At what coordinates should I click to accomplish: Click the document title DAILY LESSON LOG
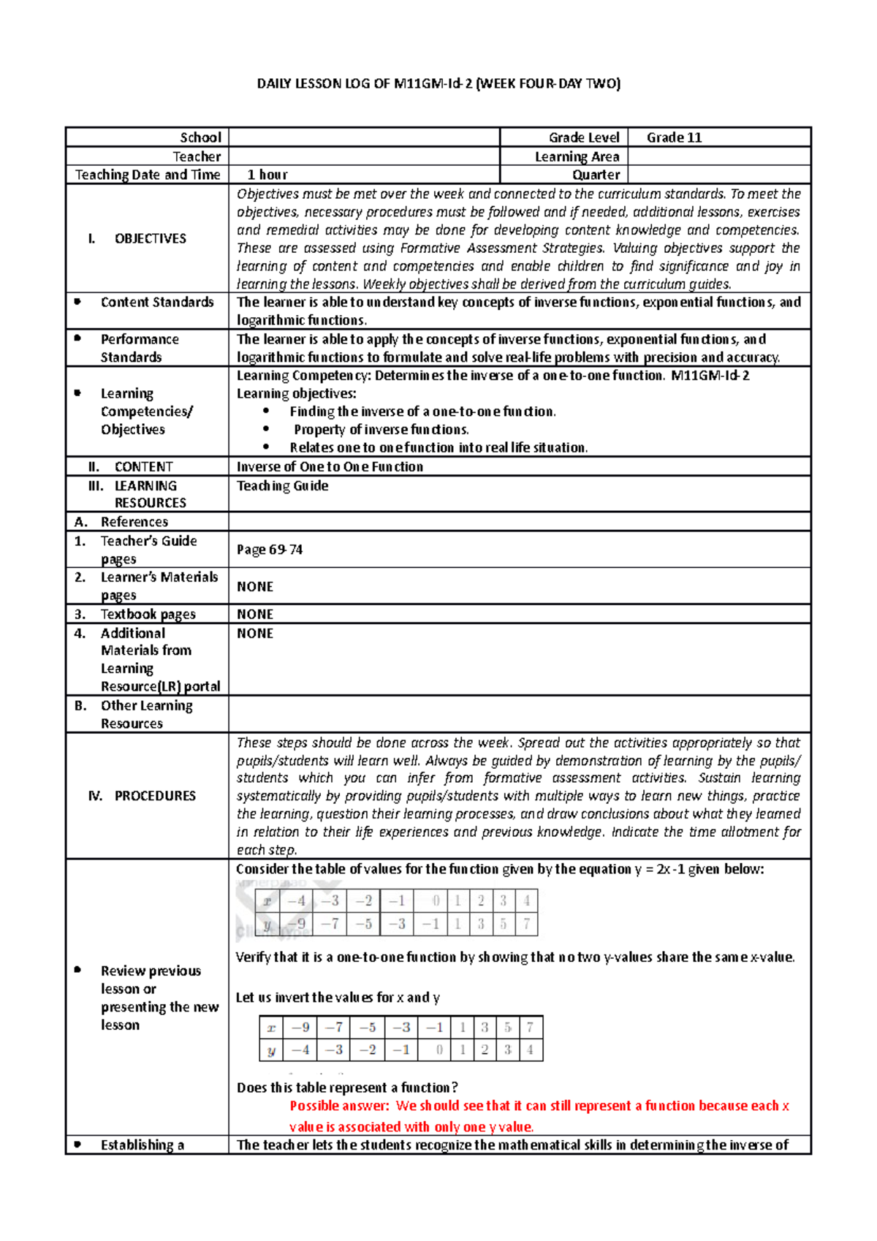coord(438,84)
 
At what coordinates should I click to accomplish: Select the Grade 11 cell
coord(674,137)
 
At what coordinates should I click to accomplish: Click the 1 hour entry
coord(267,175)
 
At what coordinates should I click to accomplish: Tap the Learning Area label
coord(577,156)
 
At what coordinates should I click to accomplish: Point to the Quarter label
coord(596,175)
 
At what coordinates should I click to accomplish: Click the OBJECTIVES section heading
coord(150,238)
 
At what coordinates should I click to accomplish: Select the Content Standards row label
coord(156,302)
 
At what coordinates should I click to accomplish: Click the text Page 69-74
coord(269,550)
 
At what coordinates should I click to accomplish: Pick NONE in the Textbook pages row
coord(254,614)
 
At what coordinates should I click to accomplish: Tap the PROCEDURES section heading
coord(154,795)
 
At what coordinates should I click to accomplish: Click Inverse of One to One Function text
coord(330,466)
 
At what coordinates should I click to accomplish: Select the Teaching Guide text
coord(282,486)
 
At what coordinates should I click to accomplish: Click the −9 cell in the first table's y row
coord(297,924)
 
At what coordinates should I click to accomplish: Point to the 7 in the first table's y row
coord(526,924)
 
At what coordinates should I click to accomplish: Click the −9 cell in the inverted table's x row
coord(300,1027)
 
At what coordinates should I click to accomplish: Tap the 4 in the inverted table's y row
coord(530,1050)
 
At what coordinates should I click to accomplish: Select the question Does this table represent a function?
coord(347,1088)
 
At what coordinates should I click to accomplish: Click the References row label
coord(134,522)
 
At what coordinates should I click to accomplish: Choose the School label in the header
coord(200,137)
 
